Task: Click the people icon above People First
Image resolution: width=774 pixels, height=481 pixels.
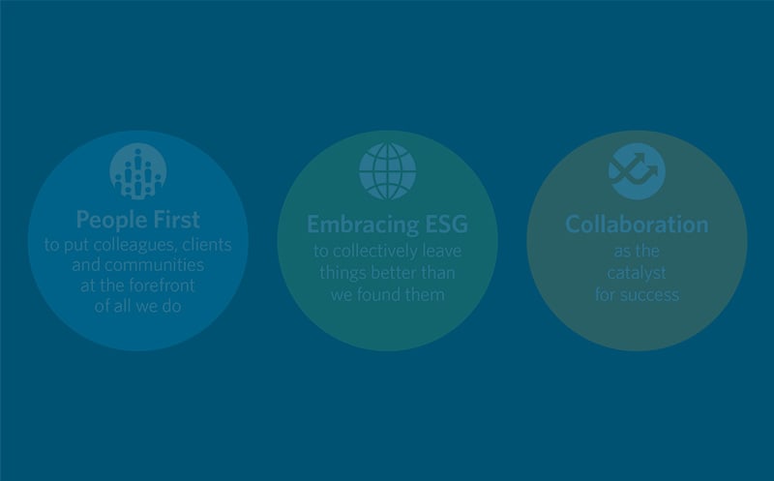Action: pyautogui.click(x=138, y=171)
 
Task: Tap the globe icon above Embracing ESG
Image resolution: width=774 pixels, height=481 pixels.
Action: pyautogui.click(x=388, y=171)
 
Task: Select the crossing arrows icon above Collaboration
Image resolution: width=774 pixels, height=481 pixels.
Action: pyautogui.click(x=637, y=171)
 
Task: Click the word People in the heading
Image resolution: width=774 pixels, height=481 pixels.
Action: pyautogui.click(x=110, y=220)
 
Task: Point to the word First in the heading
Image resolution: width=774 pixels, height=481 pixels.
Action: pyautogui.click(x=176, y=220)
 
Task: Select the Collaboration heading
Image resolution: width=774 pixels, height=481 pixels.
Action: pyautogui.click(x=637, y=225)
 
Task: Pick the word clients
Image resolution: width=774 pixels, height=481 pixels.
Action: pyautogui.click(x=207, y=245)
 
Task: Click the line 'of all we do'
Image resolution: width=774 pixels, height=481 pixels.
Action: pyautogui.click(x=138, y=306)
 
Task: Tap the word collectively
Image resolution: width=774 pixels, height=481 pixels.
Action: pyautogui.click(x=376, y=252)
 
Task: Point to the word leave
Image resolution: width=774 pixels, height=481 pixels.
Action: pyautogui.click(x=442, y=251)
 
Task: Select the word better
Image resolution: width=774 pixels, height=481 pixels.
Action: pyautogui.click(x=394, y=273)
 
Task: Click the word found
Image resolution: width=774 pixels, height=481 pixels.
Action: pyautogui.click(x=382, y=295)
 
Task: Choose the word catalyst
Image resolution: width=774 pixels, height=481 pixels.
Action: pyautogui.click(x=637, y=273)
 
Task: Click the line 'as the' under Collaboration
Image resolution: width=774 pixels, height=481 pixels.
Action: pyautogui.click(x=637, y=251)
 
